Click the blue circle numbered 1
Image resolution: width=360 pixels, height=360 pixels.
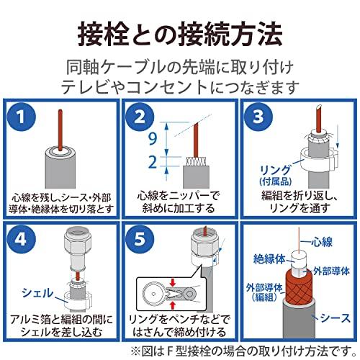(21, 117)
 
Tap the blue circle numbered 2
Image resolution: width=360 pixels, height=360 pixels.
(140, 117)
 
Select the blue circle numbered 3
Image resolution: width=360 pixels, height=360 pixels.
(258, 117)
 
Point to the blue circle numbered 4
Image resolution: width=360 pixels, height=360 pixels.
(21, 239)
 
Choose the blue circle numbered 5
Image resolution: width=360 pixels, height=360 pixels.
(140, 239)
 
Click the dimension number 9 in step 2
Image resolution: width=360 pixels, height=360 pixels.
(153, 138)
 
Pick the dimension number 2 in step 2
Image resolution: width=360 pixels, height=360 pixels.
(153, 162)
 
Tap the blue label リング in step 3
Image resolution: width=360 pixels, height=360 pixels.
(276, 170)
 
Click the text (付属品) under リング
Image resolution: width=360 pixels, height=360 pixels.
(276, 181)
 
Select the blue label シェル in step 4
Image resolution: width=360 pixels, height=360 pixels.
(37, 293)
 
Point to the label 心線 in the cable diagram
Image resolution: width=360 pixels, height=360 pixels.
(322, 242)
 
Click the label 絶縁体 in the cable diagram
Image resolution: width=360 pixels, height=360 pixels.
(269, 259)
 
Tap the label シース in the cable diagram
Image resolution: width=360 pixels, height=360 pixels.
(336, 318)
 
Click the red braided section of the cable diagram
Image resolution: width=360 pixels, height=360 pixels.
(299, 287)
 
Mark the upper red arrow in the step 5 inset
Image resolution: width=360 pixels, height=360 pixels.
(173, 282)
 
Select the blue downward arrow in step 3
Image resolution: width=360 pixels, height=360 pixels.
(338, 136)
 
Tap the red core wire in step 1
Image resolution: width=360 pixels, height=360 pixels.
(60, 130)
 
